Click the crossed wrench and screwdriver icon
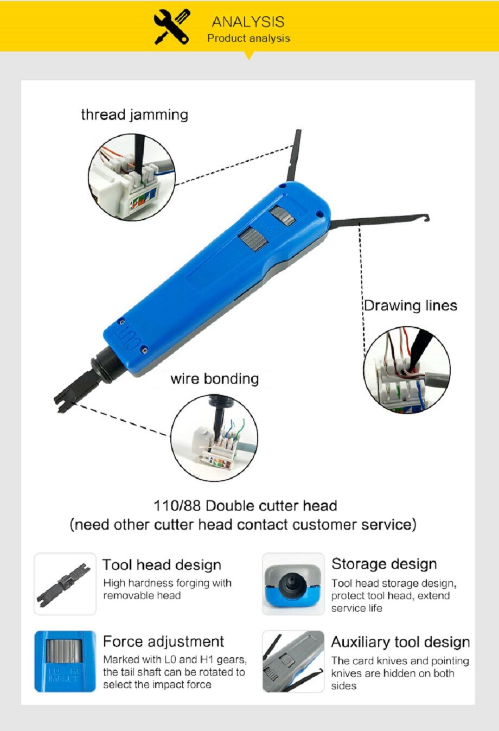(x=172, y=26)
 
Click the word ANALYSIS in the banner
(x=248, y=22)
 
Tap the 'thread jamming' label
(x=135, y=115)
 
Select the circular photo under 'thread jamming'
(x=132, y=178)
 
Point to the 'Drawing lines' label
(x=410, y=306)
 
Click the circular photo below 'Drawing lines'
(x=407, y=370)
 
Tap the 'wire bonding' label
(x=215, y=379)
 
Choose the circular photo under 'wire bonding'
(x=214, y=438)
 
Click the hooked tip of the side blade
(x=426, y=218)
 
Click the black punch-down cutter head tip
(x=62, y=401)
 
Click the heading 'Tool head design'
(x=162, y=565)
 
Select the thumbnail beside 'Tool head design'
(x=65, y=584)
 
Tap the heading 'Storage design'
(x=384, y=564)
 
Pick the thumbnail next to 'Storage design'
(x=293, y=584)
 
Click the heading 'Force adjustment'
(x=163, y=641)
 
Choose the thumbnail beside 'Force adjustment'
(x=65, y=662)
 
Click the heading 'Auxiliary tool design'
(x=400, y=642)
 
